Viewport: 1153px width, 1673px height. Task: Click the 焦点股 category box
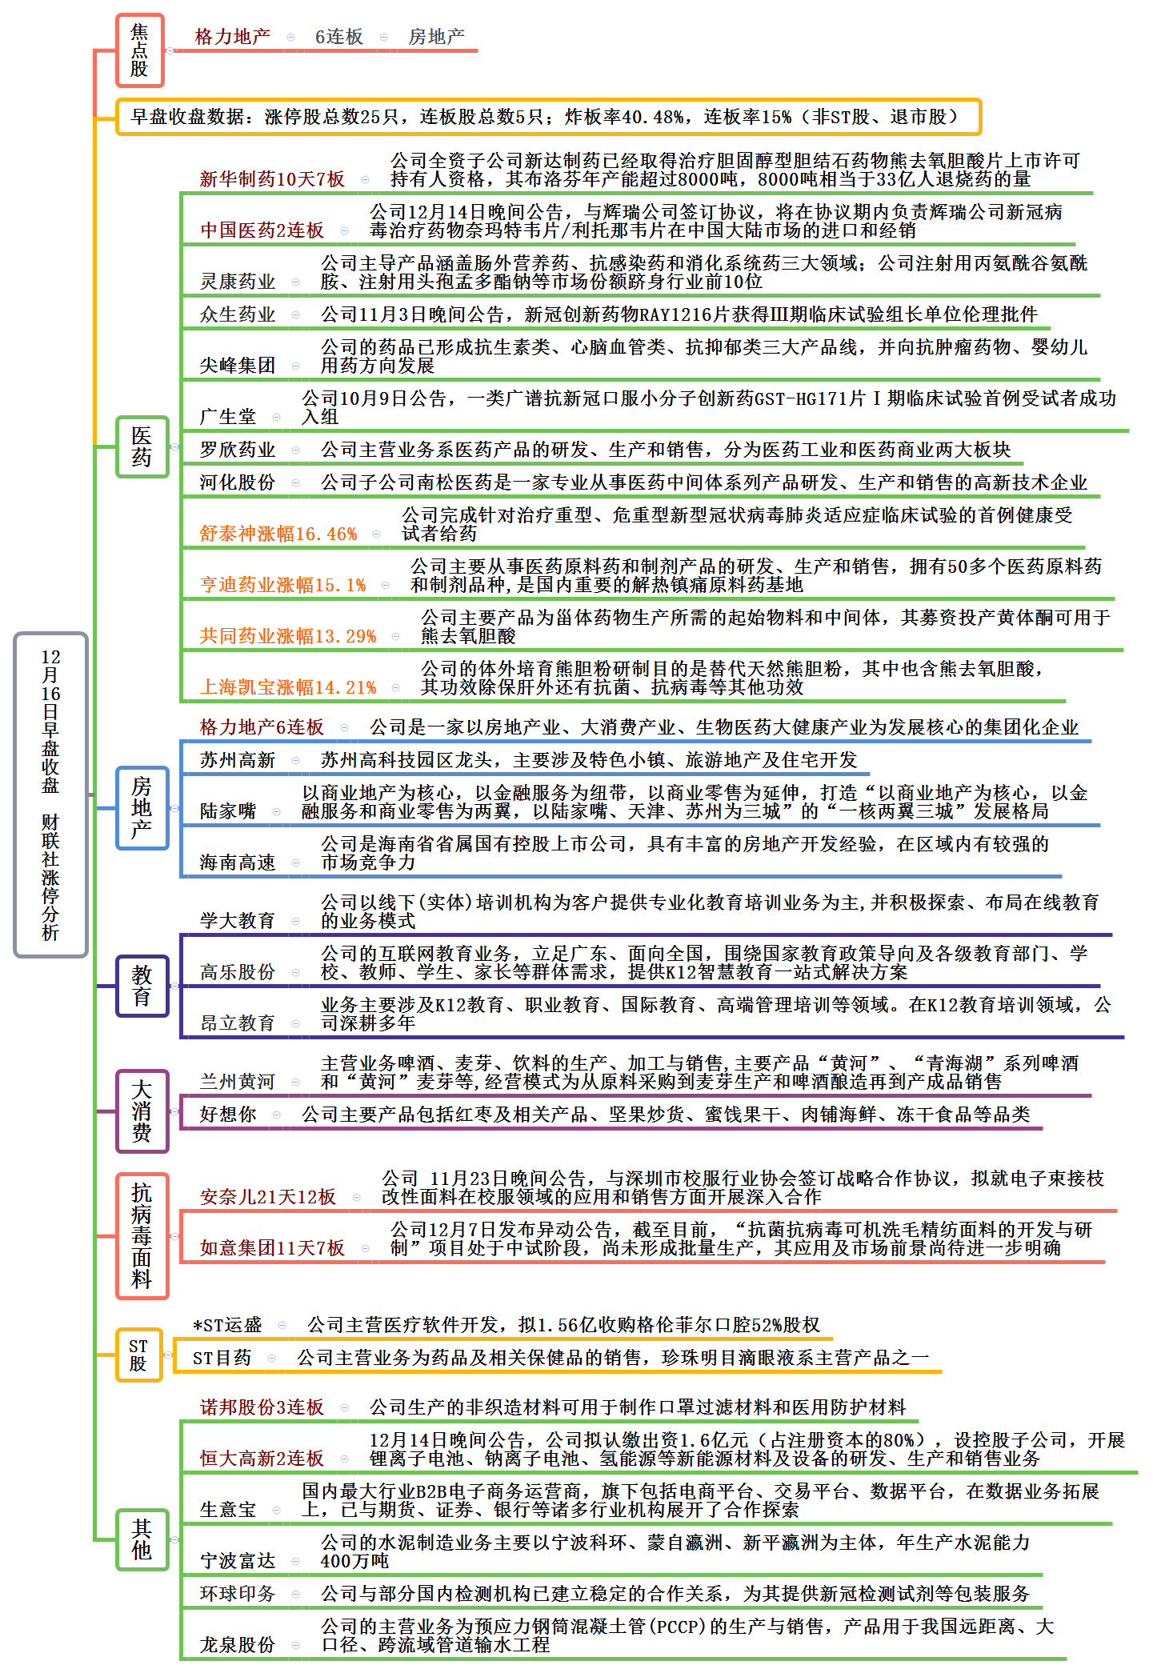(139, 50)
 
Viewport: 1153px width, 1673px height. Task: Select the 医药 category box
(142, 446)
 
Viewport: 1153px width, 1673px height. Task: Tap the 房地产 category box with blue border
(142, 807)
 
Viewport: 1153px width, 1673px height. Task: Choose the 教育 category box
(142, 986)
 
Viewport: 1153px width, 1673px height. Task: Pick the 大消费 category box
(142, 1111)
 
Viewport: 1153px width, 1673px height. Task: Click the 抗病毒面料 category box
(142, 1235)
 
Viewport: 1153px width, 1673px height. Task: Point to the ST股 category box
(138, 1355)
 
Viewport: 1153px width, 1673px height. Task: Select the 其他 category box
(142, 1539)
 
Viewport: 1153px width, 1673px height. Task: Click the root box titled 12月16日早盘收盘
(50, 794)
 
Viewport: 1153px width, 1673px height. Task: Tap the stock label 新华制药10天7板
(272, 179)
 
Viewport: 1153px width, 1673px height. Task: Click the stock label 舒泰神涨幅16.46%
(278, 534)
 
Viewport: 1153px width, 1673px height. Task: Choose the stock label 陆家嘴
(228, 811)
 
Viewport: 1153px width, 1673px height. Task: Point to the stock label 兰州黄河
(238, 1082)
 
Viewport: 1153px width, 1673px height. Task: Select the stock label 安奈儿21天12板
(268, 1197)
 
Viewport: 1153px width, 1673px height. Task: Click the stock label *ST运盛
(228, 1325)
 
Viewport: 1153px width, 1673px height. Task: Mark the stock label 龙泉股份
(238, 1645)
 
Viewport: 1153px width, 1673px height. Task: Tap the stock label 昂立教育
(238, 1023)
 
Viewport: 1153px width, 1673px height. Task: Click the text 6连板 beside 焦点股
(339, 37)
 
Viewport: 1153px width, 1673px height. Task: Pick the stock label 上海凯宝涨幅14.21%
(288, 687)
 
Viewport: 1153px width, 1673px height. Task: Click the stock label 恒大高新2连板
(262, 1459)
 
